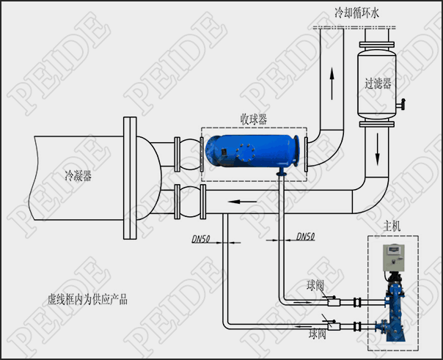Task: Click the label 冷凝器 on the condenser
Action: pos(78,176)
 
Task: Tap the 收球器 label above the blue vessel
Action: pos(254,120)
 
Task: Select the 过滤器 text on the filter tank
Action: pos(378,84)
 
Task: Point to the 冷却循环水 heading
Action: pos(356,13)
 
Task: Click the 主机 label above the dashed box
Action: pos(392,226)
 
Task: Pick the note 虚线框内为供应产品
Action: pos(87,300)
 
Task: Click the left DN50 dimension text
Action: pos(201,239)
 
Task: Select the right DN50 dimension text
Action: pos(306,236)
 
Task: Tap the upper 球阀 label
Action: pos(315,286)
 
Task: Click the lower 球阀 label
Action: pos(318,334)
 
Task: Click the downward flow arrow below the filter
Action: pos(377,150)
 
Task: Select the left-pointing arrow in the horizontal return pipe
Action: pos(242,202)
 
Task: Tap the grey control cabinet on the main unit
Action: pos(393,257)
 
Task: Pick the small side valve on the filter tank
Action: pos(401,104)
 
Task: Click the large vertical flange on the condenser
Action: pos(130,178)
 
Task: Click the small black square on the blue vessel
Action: pos(224,152)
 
